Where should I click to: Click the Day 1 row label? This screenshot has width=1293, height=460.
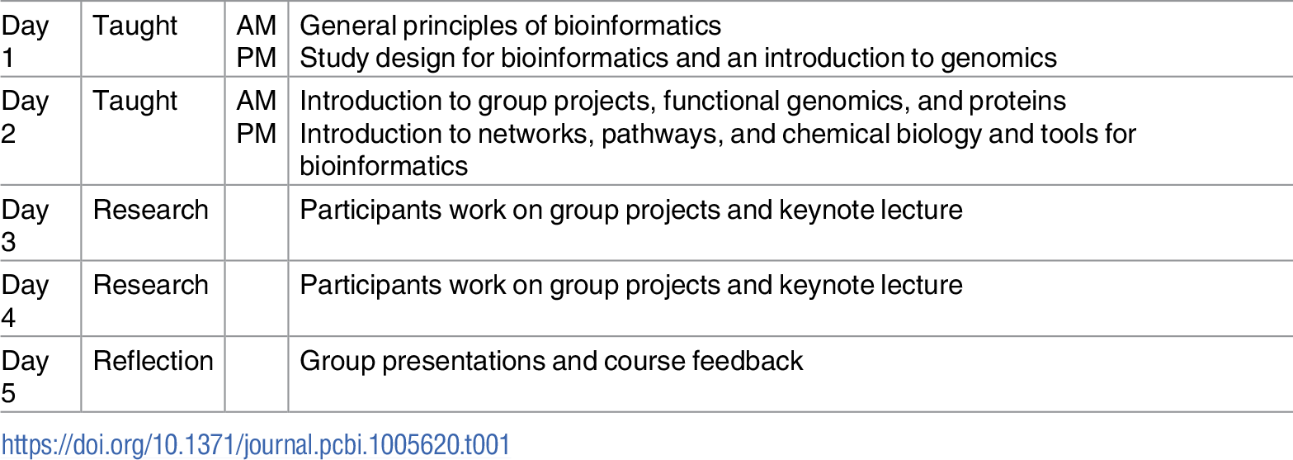point(25,41)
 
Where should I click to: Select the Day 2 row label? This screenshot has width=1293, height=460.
point(25,116)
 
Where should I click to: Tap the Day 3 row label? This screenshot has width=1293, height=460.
point(25,225)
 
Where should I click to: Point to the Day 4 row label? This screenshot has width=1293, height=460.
point(25,301)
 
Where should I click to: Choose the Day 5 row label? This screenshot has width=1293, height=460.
point(25,376)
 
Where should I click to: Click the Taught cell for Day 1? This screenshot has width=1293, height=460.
point(134,26)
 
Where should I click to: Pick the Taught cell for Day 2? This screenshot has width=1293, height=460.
point(134,101)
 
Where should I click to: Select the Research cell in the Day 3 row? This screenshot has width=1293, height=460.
point(150,210)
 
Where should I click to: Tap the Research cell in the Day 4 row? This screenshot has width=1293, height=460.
point(150,285)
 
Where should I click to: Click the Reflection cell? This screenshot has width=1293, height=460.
point(153,361)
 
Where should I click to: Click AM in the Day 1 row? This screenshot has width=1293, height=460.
point(257,26)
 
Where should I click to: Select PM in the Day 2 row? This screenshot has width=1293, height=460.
point(257,133)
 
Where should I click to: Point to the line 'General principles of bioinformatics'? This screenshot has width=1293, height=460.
point(510,26)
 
